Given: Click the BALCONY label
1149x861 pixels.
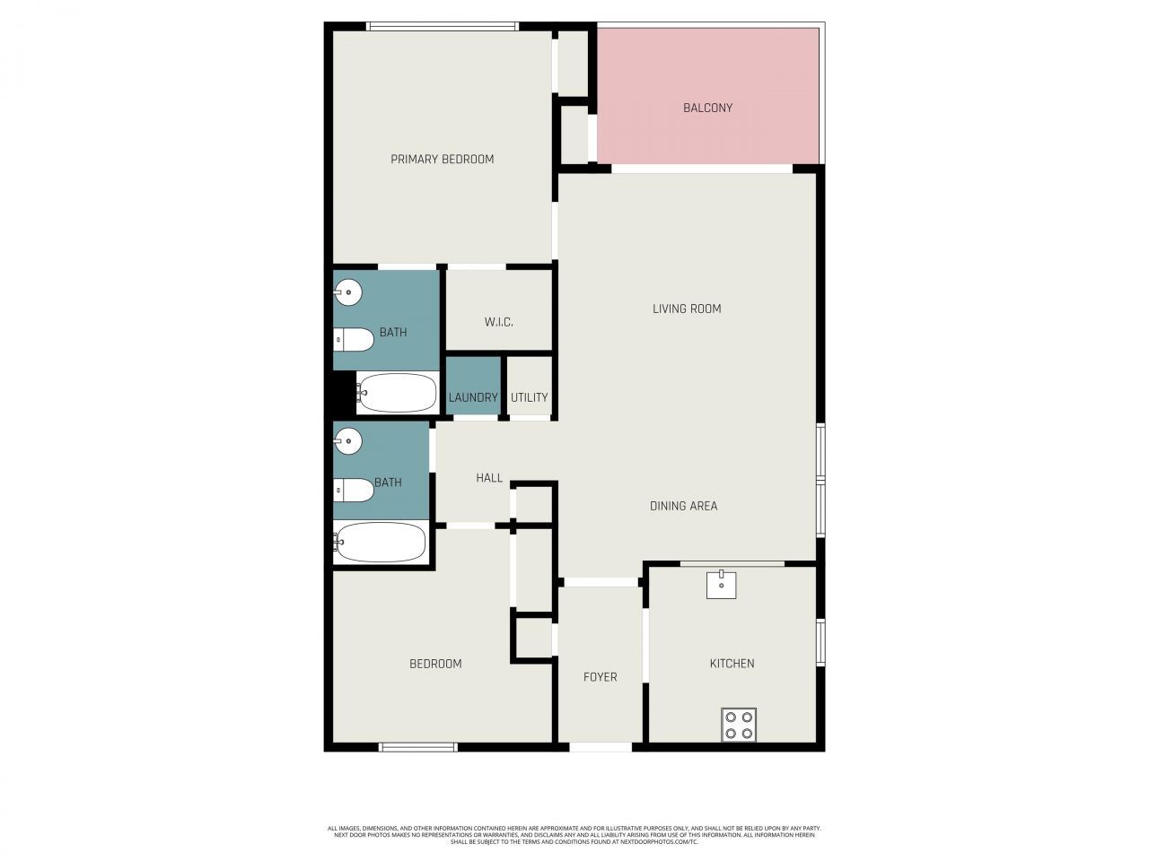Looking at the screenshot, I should pos(707,108).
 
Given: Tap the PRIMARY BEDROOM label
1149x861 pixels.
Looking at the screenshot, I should pos(442,160).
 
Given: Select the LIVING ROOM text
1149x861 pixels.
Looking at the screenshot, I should pos(687,309).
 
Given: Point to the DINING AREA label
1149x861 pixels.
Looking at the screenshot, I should pos(683,506).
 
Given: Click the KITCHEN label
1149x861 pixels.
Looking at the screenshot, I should pos(732,664).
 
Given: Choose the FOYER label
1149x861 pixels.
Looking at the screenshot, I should pos(600,677).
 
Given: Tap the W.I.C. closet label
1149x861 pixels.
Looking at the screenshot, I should pos(498,322).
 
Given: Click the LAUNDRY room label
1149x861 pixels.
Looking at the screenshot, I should pos(473,397).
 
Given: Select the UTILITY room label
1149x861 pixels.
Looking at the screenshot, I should pos(529,397).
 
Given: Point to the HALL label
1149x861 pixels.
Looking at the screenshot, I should pos(489,478).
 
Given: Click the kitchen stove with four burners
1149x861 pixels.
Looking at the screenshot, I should pos(739,725).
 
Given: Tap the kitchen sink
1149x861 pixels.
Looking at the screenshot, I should pos(721,584).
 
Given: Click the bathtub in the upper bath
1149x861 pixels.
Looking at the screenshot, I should pos(398,392).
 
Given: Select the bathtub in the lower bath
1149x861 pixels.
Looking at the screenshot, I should pos(381,543).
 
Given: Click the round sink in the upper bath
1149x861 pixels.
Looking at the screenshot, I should pos(348,291).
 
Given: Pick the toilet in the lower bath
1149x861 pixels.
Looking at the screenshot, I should pos(354,491).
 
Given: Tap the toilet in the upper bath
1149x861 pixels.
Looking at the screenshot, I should pos(354,340).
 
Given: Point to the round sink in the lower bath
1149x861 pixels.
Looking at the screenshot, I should pos(348,441).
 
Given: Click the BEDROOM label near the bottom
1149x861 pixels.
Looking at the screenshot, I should pos(435,664).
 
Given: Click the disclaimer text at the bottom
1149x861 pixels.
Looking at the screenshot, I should pos(574,835).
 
